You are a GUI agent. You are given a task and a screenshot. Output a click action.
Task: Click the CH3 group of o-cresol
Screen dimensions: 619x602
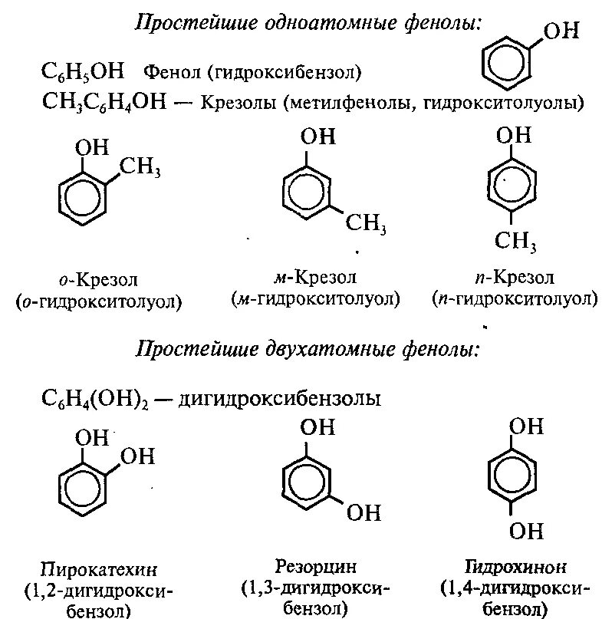(139, 166)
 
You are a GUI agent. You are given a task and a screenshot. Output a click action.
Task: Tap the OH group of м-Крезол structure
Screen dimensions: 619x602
(317, 137)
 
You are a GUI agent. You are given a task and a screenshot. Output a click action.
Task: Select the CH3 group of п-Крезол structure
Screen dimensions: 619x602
(515, 242)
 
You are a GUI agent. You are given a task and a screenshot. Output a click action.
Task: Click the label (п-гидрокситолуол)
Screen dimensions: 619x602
(514, 298)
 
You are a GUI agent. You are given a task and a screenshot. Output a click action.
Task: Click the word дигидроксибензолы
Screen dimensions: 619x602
(279, 400)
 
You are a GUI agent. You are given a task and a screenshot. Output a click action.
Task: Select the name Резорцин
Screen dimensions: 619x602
(315, 568)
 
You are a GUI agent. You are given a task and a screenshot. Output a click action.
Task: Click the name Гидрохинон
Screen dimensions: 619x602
(515, 568)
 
